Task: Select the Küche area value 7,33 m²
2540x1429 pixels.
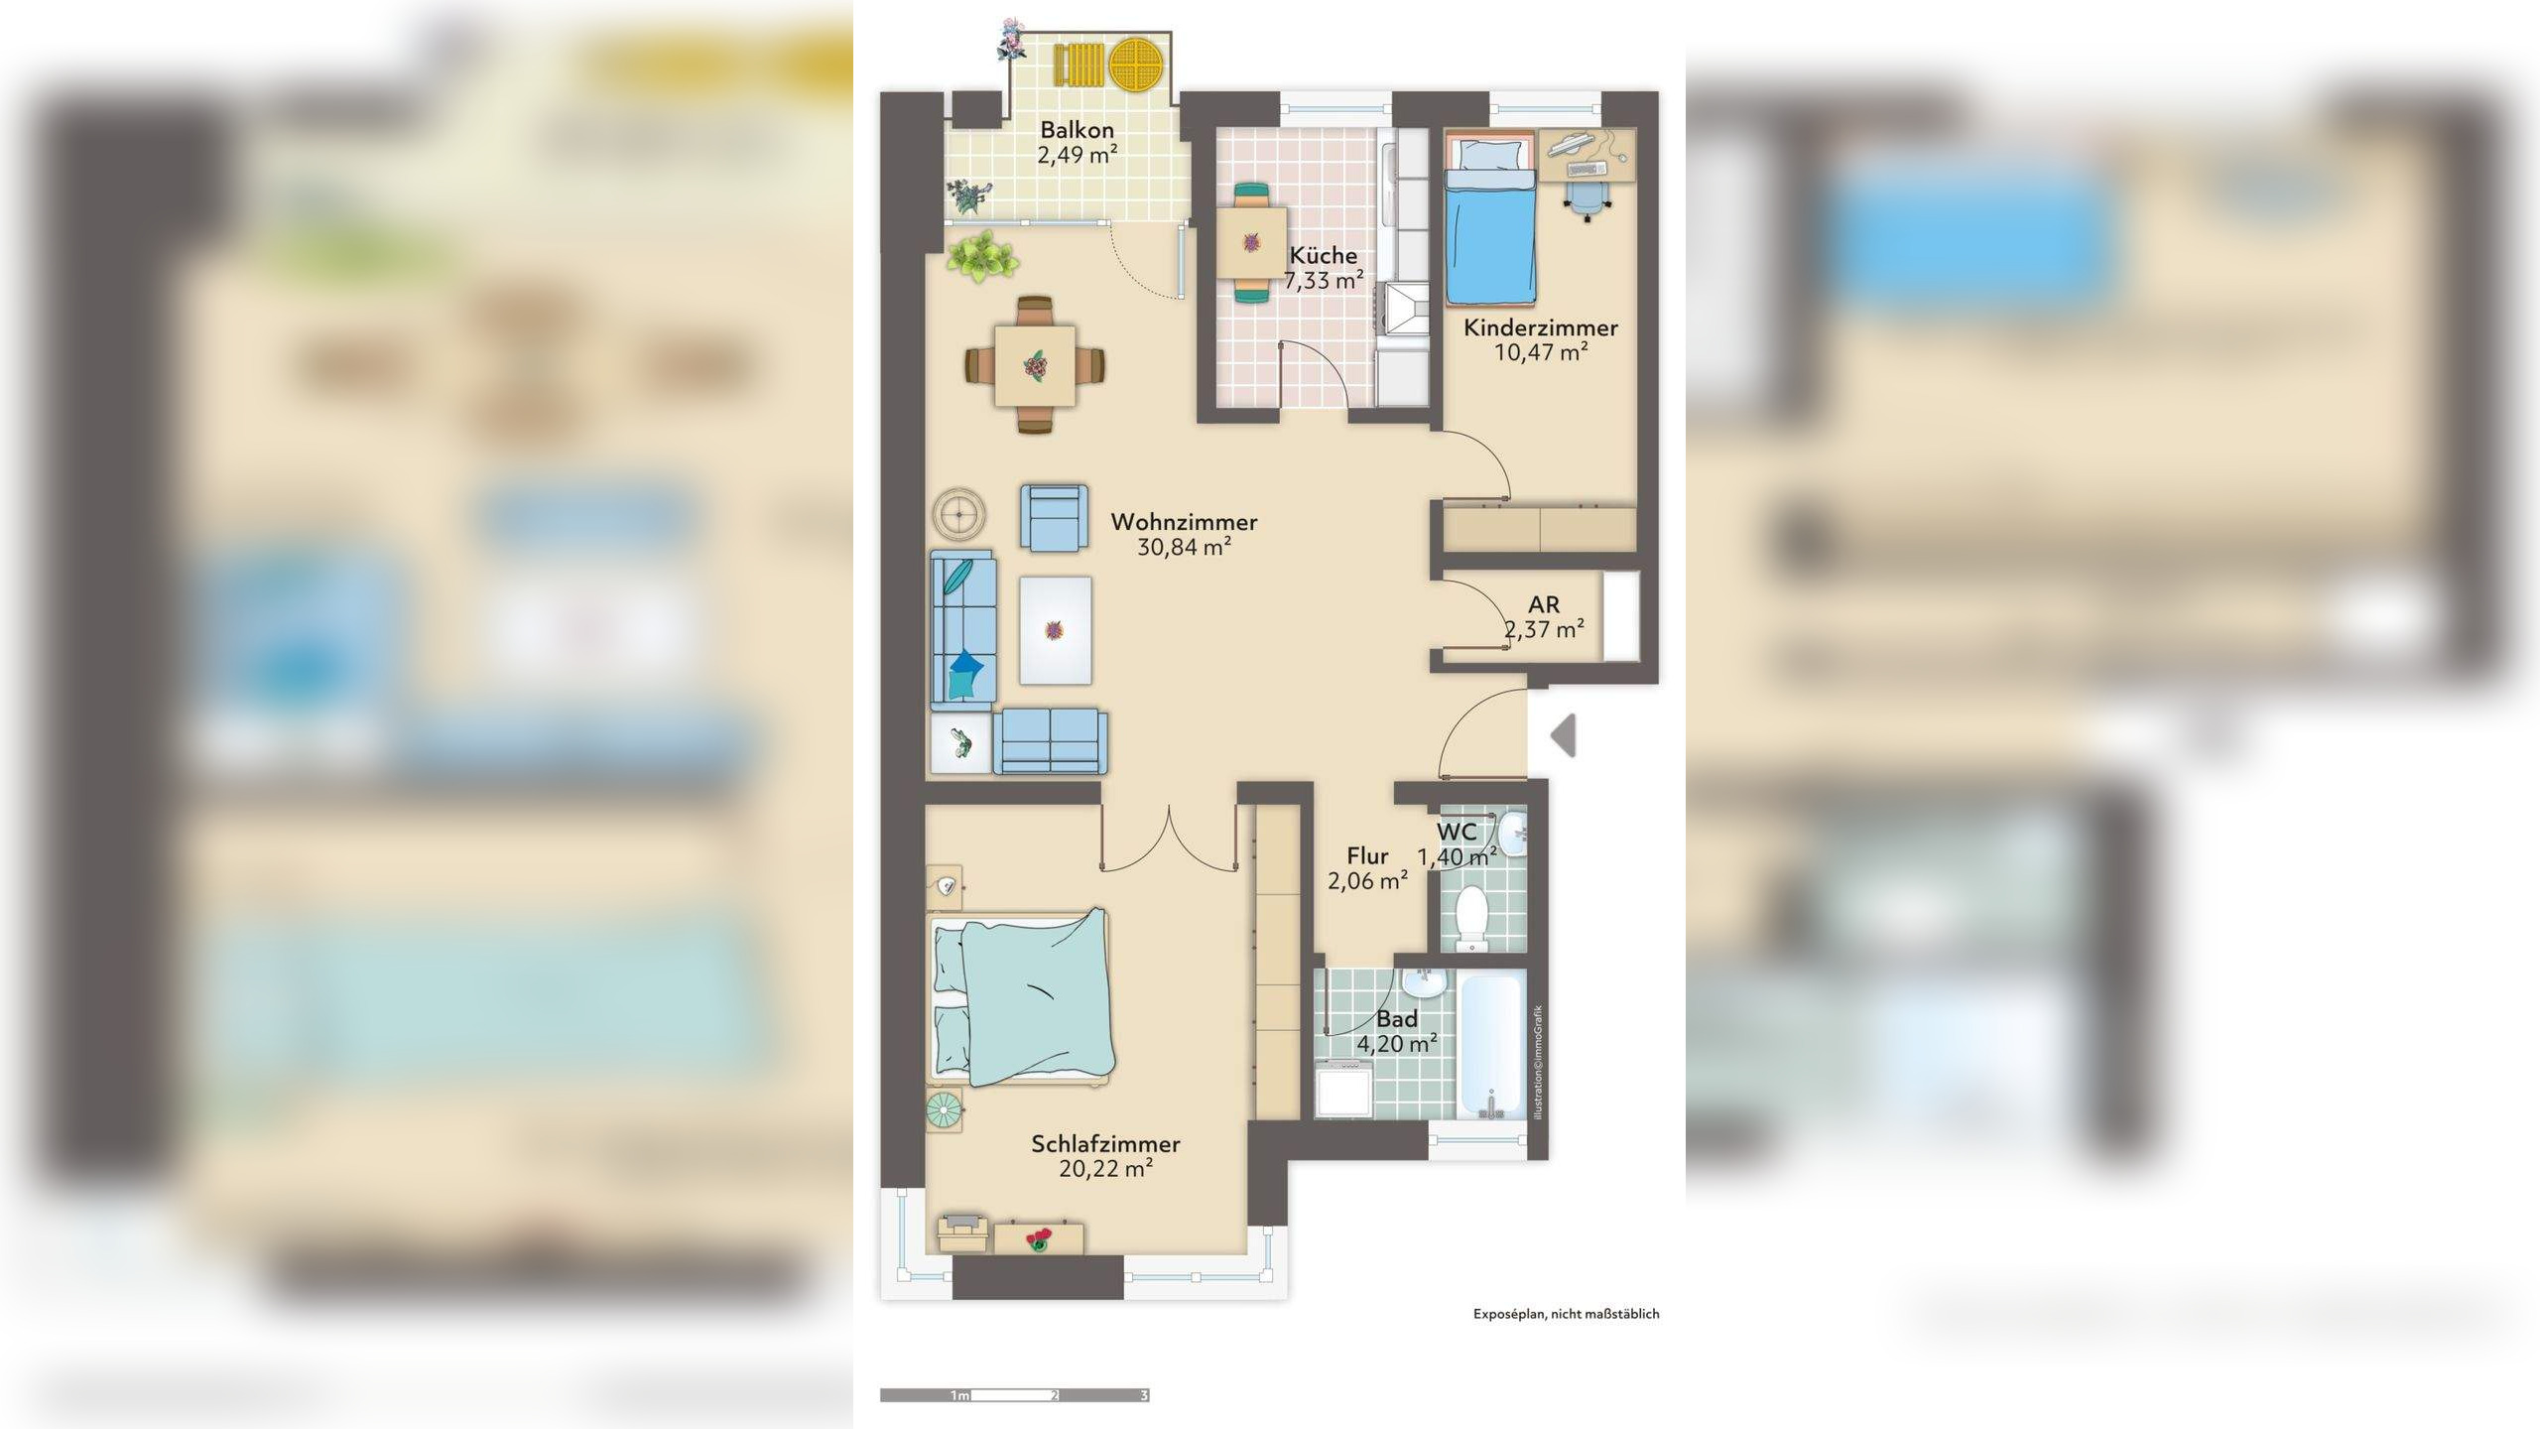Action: coord(1324,281)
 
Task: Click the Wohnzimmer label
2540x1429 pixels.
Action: coord(1184,522)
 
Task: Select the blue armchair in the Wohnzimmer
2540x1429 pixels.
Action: coord(1055,517)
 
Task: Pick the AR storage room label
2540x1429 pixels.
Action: coord(1544,604)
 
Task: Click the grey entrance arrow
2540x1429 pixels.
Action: coord(1563,735)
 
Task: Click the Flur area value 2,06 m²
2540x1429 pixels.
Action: coord(1367,881)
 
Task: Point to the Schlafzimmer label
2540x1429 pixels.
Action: coord(1105,1144)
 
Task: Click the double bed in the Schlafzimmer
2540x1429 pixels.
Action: coord(1023,997)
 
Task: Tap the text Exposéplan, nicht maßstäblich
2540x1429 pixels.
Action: coord(1566,1314)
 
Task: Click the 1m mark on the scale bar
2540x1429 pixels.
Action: coord(959,1395)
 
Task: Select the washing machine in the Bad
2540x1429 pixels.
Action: coord(1343,1089)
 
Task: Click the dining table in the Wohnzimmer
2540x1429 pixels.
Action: coord(1035,365)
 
